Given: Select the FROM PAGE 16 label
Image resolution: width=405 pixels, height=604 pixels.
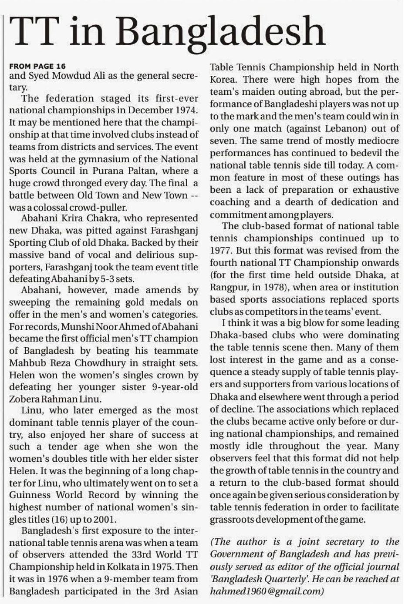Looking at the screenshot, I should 37,66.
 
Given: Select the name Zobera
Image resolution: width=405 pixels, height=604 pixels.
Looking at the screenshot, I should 25,399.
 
